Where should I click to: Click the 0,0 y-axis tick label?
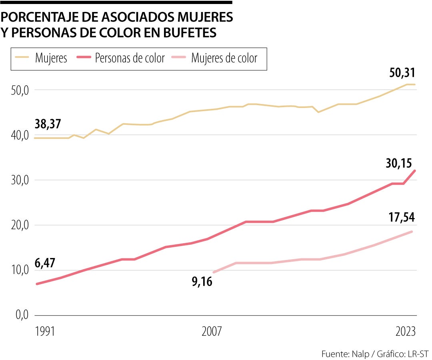pyautogui.click(x=19, y=316)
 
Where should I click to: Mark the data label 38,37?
pyautogui.click(x=47, y=124)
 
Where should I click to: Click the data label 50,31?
pyautogui.click(x=402, y=73)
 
